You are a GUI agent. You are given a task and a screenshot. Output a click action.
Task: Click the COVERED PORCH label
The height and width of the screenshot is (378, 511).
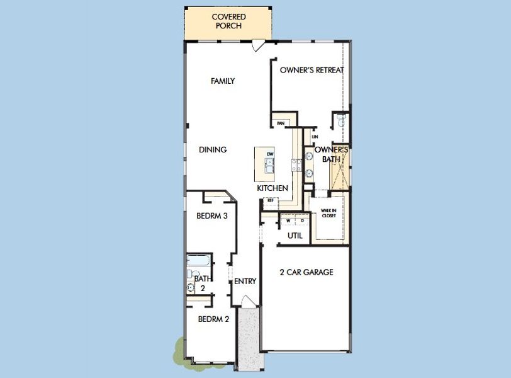228,21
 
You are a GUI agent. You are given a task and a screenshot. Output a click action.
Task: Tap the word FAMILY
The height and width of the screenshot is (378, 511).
223,81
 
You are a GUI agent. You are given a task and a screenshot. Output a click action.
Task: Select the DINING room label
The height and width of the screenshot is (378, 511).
213,150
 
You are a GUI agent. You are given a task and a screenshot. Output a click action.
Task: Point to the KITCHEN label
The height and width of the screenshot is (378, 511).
272,188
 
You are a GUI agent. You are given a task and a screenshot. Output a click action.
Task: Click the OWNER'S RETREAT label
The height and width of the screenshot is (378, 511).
312,70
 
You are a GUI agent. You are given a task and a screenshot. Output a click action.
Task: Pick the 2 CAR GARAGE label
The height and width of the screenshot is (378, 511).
306,273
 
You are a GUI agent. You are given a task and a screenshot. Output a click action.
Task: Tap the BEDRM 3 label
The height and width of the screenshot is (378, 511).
211,215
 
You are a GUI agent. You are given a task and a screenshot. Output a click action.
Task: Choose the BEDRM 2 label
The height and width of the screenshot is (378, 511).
213,319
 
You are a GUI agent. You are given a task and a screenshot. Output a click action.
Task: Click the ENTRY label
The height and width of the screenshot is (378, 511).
245,282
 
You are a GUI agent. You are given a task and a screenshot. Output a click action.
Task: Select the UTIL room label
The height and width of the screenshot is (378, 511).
295,236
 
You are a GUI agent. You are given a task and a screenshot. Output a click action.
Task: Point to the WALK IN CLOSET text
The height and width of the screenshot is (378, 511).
329,213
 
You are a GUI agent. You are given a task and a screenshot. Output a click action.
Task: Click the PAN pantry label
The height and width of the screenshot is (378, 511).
281,123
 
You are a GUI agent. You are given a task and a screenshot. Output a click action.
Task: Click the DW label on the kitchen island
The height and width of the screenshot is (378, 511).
270,154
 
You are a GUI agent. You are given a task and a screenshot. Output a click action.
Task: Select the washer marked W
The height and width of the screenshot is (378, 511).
288,221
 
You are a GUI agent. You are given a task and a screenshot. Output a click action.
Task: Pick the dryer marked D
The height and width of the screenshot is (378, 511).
301,221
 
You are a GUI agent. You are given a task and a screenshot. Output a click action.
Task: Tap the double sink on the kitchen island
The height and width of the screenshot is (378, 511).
269,166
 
